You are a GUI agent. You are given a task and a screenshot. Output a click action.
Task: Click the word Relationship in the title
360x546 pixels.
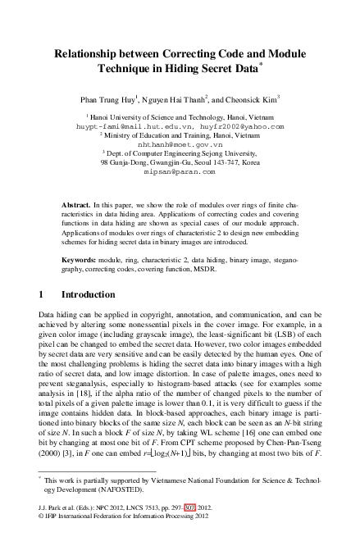86,51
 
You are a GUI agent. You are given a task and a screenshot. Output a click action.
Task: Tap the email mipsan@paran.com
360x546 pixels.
180,172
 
